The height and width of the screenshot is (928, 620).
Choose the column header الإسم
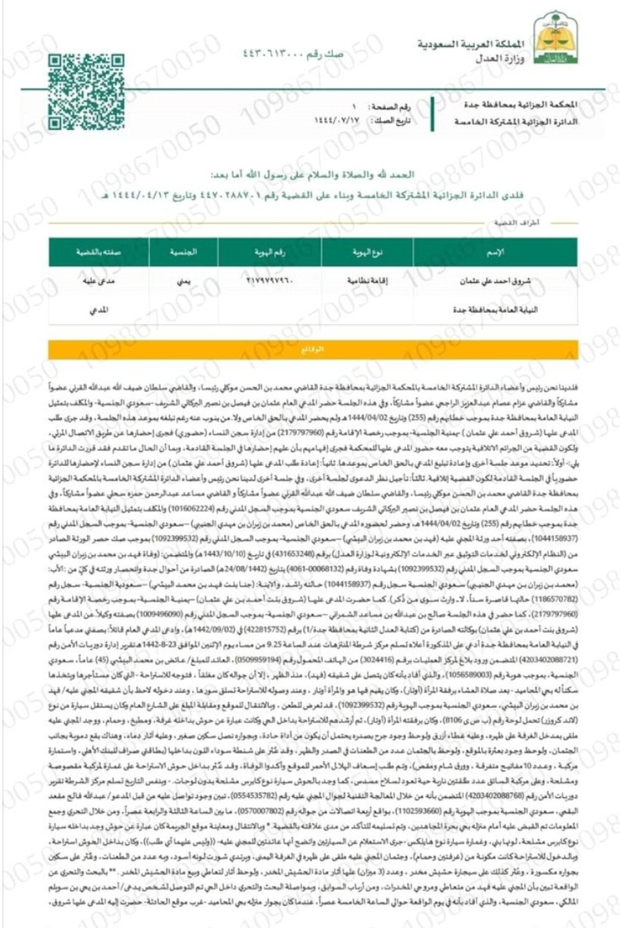pyautogui.click(x=495, y=253)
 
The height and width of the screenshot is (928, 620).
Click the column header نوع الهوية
pyautogui.click(x=367, y=253)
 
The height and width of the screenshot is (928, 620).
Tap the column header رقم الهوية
pyautogui.click(x=270, y=253)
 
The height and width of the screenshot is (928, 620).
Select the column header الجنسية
pyautogui.click(x=183, y=252)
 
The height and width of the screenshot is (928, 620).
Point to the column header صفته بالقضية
pyautogui.click(x=98, y=252)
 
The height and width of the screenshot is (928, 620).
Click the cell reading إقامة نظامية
pyautogui.click(x=367, y=280)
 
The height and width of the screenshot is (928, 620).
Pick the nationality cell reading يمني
pyautogui.click(x=183, y=281)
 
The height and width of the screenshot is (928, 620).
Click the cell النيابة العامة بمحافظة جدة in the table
pyautogui.click(x=495, y=310)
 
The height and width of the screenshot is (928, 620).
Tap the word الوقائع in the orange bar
pyautogui.click(x=313, y=349)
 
